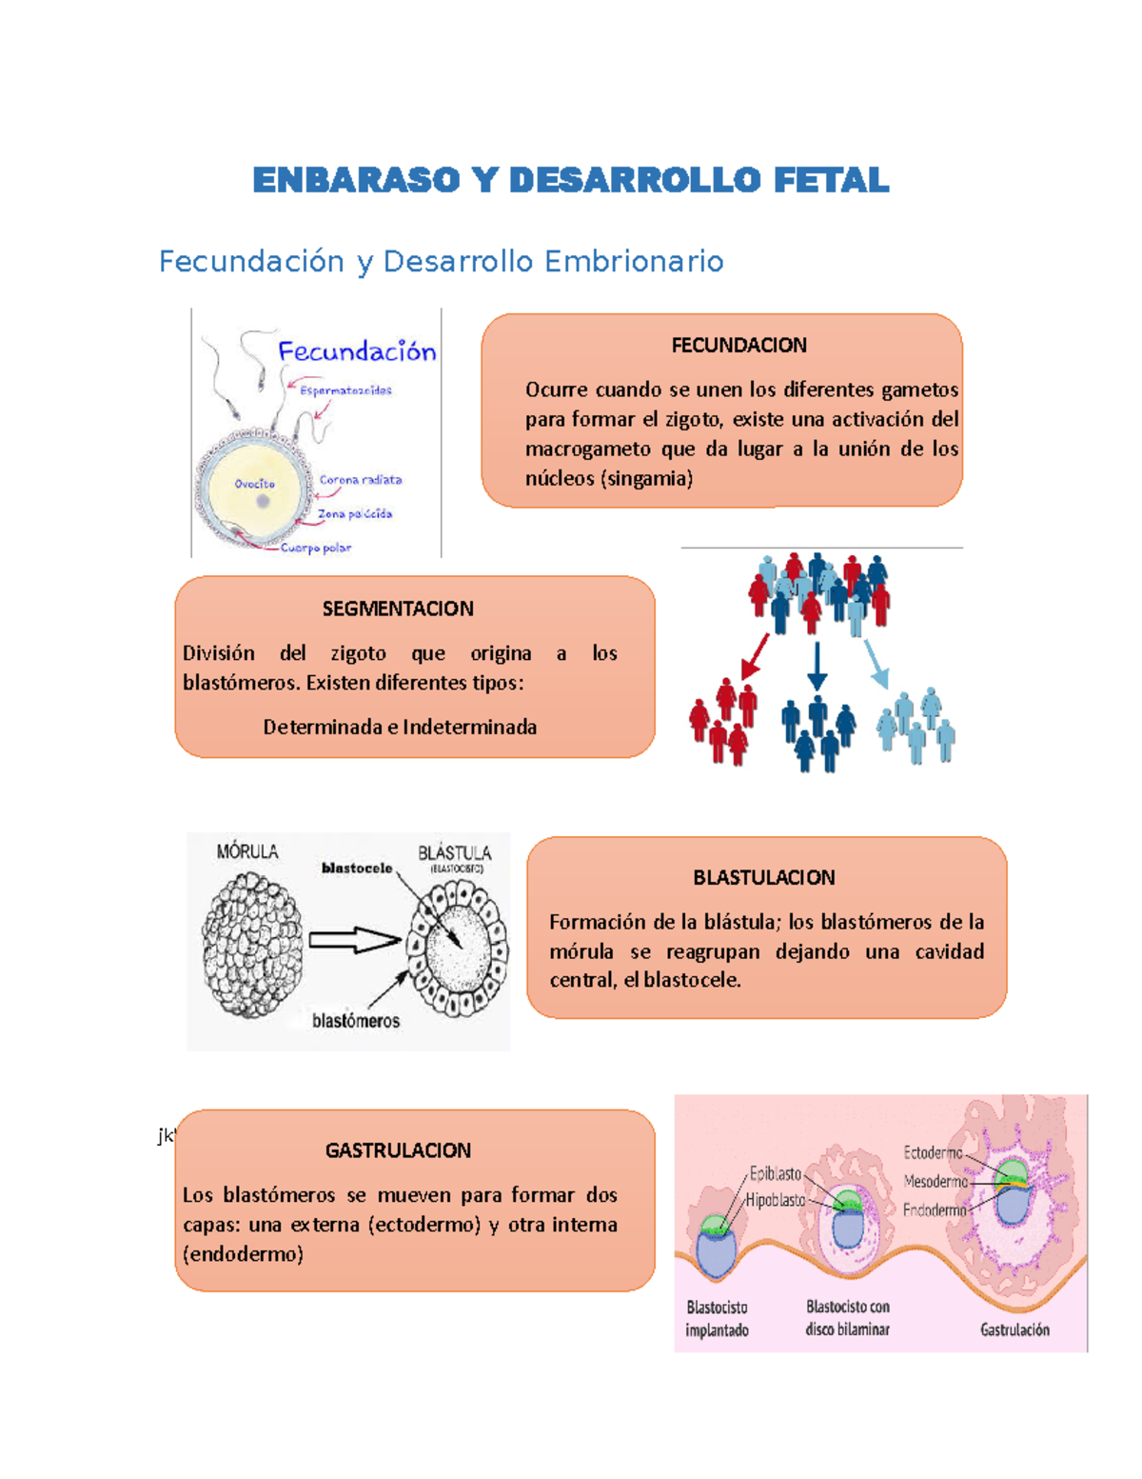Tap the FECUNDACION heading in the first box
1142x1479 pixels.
pyautogui.click(x=738, y=345)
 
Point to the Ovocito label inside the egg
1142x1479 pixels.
pyautogui.click(x=254, y=484)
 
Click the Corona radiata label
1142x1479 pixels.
pyautogui.click(x=360, y=480)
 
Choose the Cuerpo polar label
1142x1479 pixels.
pyautogui.click(x=315, y=548)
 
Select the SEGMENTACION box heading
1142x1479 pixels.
pyautogui.click(x=398, y=609)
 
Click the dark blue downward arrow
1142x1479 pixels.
pyautogui.click(x=817, y=665)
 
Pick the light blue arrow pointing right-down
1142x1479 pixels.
pyautogui.click(x=876, y=663)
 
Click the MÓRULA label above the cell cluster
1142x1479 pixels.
pyautogui.click(x=247, y=851)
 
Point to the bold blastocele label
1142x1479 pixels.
pyautogui.click(x=357, y=868)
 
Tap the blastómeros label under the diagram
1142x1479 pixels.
pyautogui.click(x=356, y=1021)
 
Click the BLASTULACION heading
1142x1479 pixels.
pyautogui.click(x=763, y=877)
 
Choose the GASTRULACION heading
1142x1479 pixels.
pyautogui.click(x=398, y=1150)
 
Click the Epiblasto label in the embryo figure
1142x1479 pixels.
pyautogui.click(x=775, y=1173)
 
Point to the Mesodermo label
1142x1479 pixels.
pyautogui.click(x=935, y=1181)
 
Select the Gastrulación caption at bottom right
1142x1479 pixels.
pyautogui.click(x=1014, y=1329)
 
